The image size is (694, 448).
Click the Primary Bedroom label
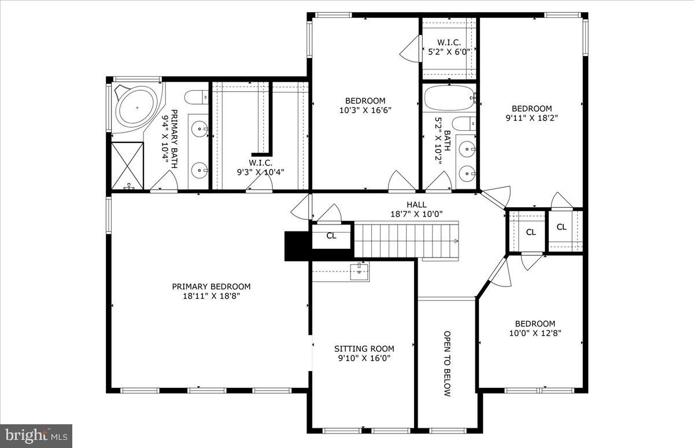211,287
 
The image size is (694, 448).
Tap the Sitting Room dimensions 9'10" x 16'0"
364,358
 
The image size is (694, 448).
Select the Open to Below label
447,363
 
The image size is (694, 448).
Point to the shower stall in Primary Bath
127,165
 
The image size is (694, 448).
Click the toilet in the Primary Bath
195,96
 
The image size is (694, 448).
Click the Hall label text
416,204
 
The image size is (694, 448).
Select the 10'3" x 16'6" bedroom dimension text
365,110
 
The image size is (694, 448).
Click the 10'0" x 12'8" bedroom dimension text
535,333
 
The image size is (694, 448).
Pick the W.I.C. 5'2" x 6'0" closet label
449,47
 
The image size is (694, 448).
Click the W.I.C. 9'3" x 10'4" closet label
260,167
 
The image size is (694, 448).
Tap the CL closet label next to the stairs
331,236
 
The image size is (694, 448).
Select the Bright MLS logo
36,435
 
